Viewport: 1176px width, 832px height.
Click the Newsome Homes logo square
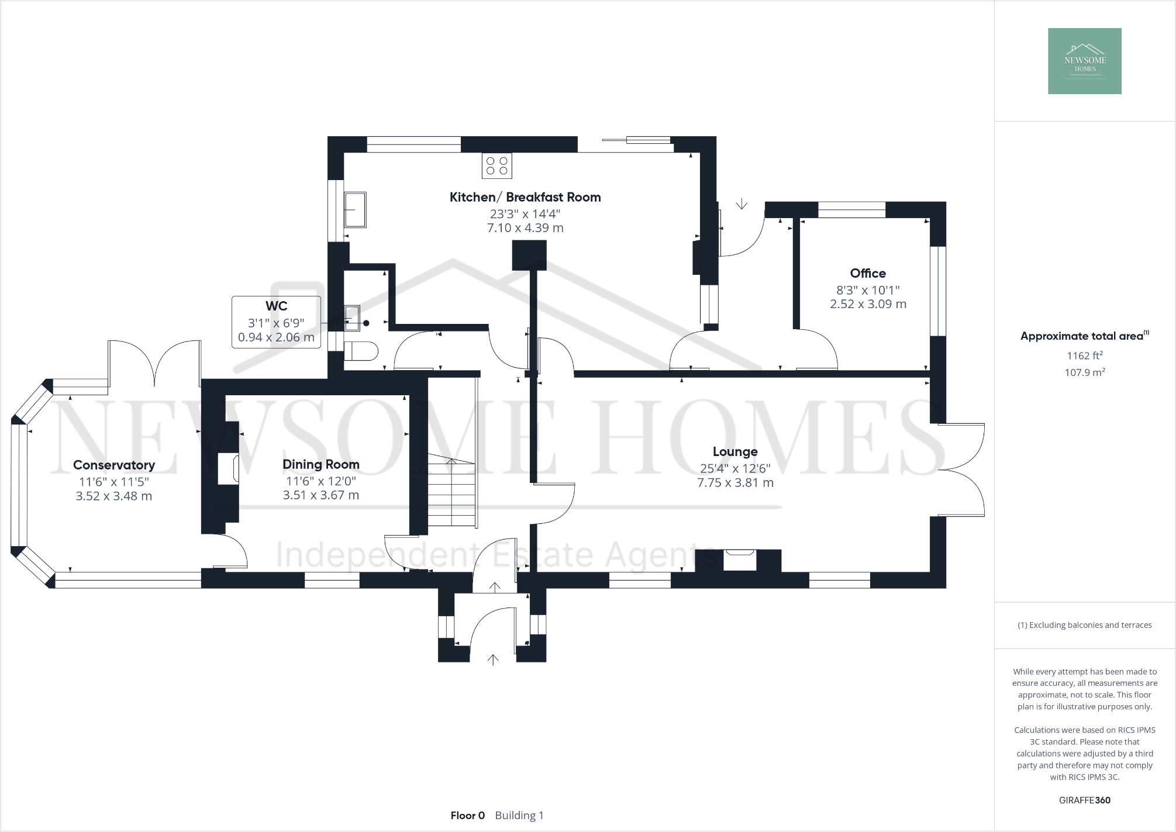point(1084,61)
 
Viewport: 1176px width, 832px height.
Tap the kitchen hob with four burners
point(496,165)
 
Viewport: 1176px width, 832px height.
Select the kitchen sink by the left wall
point(355,209)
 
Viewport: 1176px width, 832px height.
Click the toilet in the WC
point(361,351)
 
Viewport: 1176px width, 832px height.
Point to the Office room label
point(868,273)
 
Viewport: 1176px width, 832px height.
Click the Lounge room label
point(735,451)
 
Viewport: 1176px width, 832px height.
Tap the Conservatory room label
point(114,465)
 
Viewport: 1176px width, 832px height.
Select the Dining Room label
point(320,464)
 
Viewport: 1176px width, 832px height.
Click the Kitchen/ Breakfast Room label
point(525,197)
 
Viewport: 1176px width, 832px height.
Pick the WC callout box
point(276,322)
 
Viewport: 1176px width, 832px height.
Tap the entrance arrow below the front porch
point(493,660)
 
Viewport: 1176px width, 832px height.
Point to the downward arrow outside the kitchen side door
point(742,204)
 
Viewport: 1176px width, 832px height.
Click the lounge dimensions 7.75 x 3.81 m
point(735,483)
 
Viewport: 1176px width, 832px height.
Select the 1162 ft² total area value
point(1085,355)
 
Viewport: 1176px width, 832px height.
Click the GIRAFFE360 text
point(1084,800)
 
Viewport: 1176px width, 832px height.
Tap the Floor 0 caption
point(467,815)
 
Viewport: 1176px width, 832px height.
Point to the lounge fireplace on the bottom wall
point(739,560)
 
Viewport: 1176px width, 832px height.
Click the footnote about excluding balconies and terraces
point(1085,625)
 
